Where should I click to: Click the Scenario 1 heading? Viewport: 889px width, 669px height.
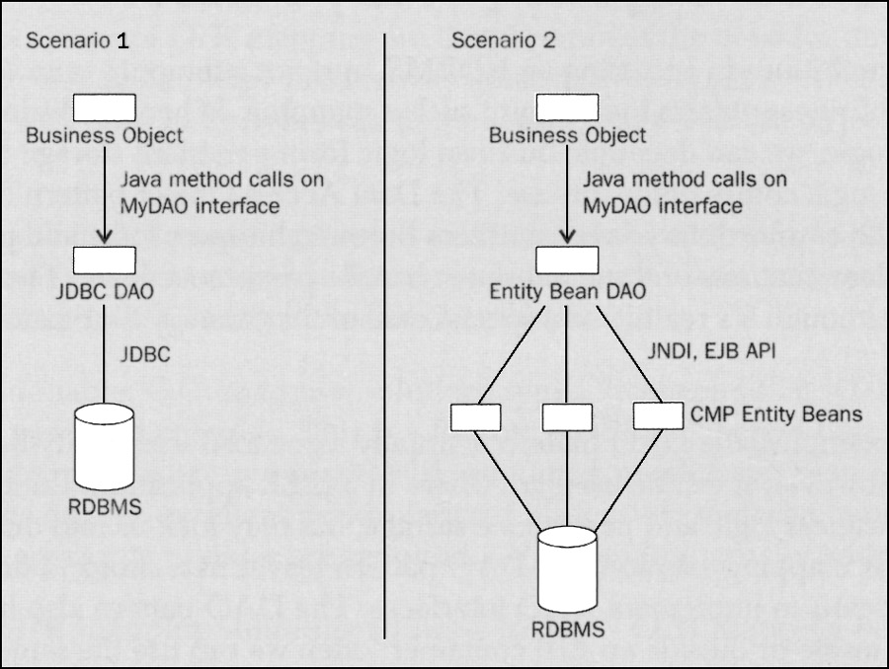click(x=76, y=41)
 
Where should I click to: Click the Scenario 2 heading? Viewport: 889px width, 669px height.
click(x=503, y=41)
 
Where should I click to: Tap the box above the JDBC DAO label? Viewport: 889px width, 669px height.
click(x=103, y=260)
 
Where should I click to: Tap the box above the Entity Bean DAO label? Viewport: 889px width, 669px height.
click(x=566, y=260)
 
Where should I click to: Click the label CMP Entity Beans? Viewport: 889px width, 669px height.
click(x=777, y=415)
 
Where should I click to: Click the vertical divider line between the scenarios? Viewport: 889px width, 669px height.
click(x=384, y=335)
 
